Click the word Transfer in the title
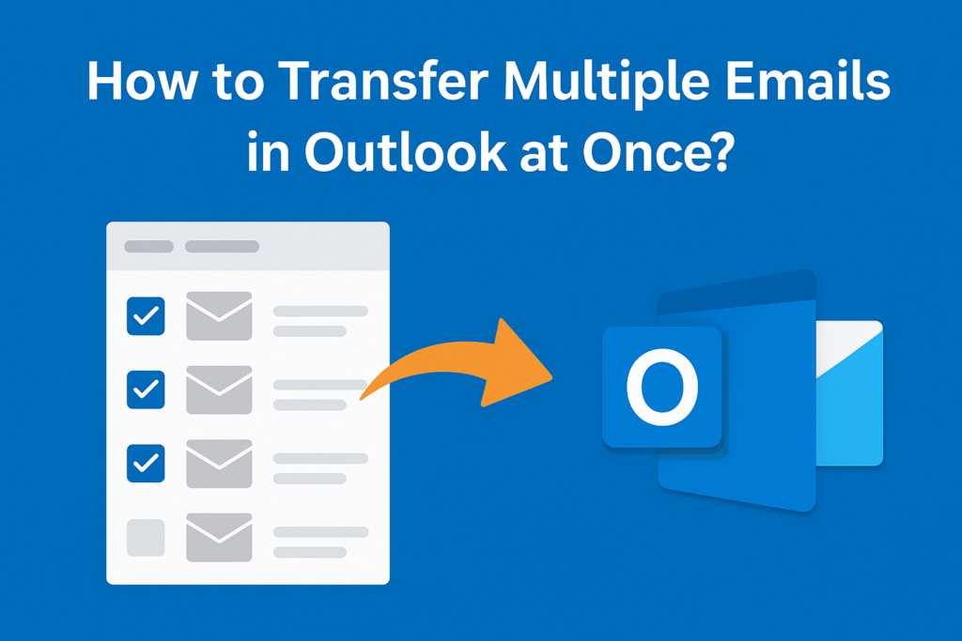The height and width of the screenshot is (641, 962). tap(383, 81)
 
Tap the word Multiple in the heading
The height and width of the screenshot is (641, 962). tap(607, 82)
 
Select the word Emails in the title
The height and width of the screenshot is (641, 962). tap(808, 81)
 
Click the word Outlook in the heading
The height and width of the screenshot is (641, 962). tap(406, 151)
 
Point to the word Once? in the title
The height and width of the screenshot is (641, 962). tap(658, 151)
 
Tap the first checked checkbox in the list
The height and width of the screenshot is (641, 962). tap(146, 316)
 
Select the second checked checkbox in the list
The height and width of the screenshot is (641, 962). tap(146, 389)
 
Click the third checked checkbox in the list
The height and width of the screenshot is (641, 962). tap(146, 464)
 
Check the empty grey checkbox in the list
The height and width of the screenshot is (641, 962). tap(146, 538)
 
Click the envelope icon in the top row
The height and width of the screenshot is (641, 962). tap(219, 316)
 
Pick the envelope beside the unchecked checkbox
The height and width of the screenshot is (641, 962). tap(219, 538)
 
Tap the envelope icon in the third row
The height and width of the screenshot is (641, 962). tap(219, 464)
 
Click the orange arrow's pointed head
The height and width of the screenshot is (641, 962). tap(550, 377)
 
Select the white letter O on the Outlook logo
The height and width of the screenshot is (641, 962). tap(662, 387)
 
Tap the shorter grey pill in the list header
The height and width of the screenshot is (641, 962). tap(149, 246)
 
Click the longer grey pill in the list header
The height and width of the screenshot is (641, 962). tap(222, 246)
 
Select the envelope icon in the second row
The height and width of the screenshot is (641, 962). tap(219, 389)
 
